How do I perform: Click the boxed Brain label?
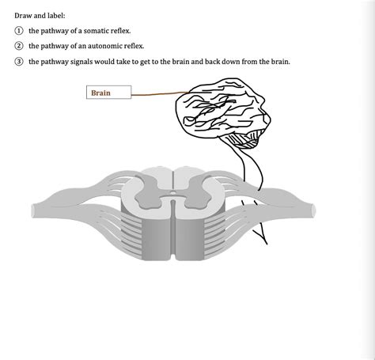tap(108, 93)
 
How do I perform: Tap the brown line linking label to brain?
tap(153, 94)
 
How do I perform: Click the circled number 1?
tap(18, 31)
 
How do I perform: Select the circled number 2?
tap(18, 46)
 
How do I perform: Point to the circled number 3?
tap(18, 61)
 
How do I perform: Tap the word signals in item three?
tap(85, 61)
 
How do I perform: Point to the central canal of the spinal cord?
tap(172, 192)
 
